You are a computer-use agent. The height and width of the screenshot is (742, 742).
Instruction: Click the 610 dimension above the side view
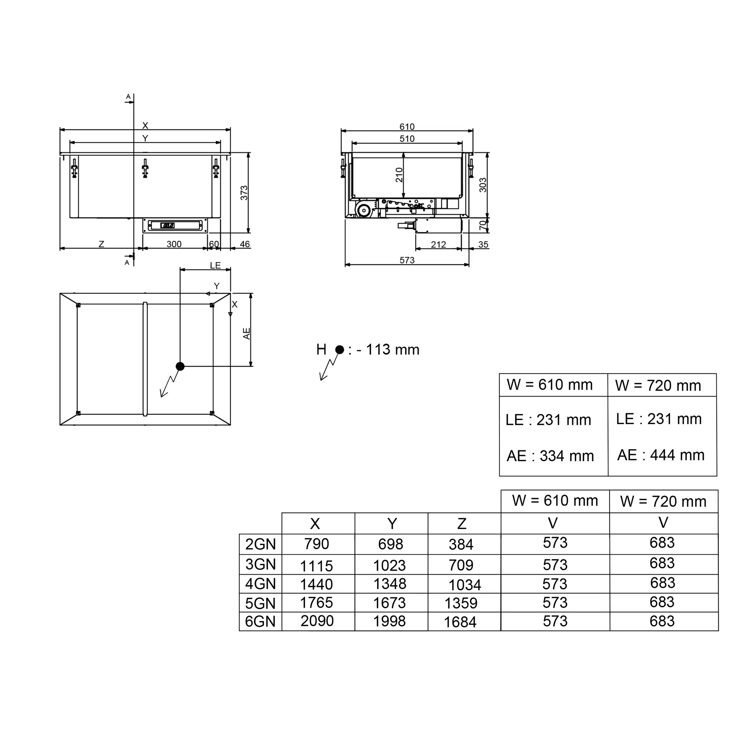(407, 127)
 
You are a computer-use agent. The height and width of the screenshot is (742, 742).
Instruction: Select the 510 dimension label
(407, 139)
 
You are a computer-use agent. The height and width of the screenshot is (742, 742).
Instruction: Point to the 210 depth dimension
(400, 175)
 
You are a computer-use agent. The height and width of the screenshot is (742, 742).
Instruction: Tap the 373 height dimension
(244, 193)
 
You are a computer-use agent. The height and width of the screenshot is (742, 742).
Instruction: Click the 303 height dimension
(483, 185)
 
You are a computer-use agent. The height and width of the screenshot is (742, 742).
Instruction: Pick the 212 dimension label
(438, 244)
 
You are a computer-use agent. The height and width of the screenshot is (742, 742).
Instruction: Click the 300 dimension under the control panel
(174, 244)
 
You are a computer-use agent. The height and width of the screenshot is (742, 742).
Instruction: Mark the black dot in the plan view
(180, 367)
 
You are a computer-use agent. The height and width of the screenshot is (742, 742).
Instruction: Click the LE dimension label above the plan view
(216, 265)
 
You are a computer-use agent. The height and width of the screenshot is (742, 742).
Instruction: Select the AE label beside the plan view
(247, 334)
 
